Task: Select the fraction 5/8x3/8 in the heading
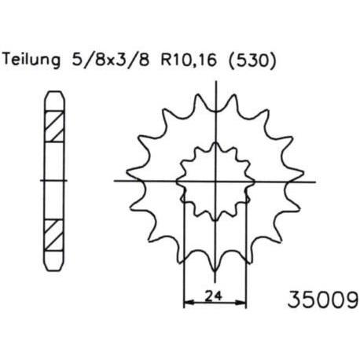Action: click(x=110, y=61)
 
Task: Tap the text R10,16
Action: click(x=189, y=61)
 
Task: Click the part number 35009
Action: click(x=322, y=299)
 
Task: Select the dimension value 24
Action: click(x=214, y=296)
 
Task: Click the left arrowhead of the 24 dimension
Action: click(x=189, y=303)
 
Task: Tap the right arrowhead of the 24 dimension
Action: click(x=241, y=303)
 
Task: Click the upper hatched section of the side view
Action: click(x=54, y=127)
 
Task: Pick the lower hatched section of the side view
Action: click(x=53, y=235)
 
